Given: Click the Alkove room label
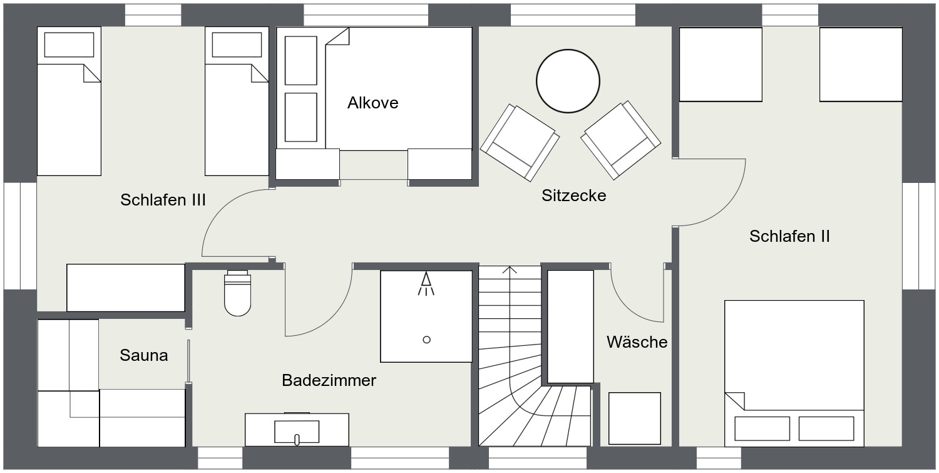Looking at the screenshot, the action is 372,103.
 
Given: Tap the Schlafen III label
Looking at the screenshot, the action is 163,200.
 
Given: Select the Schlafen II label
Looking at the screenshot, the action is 790,236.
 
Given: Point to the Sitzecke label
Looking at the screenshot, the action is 574,195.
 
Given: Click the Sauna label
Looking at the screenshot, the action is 144,355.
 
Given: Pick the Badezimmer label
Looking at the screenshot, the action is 329,381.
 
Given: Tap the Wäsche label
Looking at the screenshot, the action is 637,342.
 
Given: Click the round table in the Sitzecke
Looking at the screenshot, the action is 568,81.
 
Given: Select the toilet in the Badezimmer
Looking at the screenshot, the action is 238,293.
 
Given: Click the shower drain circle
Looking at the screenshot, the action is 427,340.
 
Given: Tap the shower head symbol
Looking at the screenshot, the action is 426,284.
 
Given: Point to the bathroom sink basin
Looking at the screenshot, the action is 297,432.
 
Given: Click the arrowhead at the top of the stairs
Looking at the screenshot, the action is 510,269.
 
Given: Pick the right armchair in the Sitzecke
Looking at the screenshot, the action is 621,140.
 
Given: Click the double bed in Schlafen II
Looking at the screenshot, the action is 794,373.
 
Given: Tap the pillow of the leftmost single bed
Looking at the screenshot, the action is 69,44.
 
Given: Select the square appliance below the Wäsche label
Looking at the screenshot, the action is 635,418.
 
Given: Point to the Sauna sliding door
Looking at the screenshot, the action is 188,361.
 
